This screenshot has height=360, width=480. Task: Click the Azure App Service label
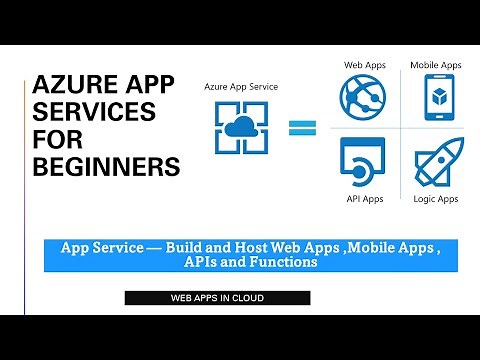[240, 87]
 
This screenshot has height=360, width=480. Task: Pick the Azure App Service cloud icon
[240, 128]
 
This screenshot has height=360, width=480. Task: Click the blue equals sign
[301, 127]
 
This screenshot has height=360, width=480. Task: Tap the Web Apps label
[365, 65]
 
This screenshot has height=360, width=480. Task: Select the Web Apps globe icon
[364, 96]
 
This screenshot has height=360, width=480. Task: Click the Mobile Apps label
[435, 65]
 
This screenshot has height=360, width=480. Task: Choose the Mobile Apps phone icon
[435, 96]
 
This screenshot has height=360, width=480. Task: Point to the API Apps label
[364, 198]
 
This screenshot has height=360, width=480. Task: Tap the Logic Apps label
[435, 198]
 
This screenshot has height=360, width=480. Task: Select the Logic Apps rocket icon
[435, 160]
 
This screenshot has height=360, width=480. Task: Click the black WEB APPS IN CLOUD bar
[217, 297]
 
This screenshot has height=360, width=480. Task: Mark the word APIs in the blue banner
[207, 262]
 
